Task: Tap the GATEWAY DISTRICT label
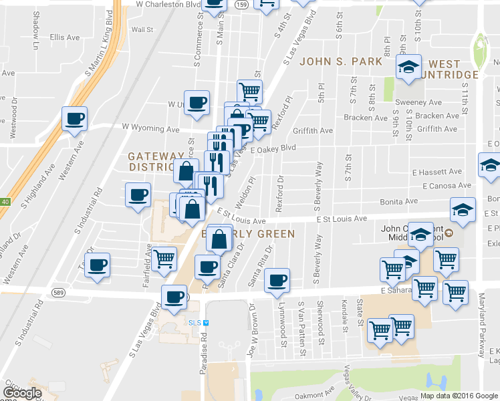[x=155, y=161]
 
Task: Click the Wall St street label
[x=142, y=29]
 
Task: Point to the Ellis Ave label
[x=64, y=37]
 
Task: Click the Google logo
[x=21, y=393]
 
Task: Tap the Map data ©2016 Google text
[x=459, y=396]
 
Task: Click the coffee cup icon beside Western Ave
[x=74, y=119]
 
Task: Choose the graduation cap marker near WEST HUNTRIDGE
[x=408, y=67]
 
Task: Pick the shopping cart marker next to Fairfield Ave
[x=164, y=259]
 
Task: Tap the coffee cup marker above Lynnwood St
[x=276, y=280]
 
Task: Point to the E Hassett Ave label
[x=437, y=172]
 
